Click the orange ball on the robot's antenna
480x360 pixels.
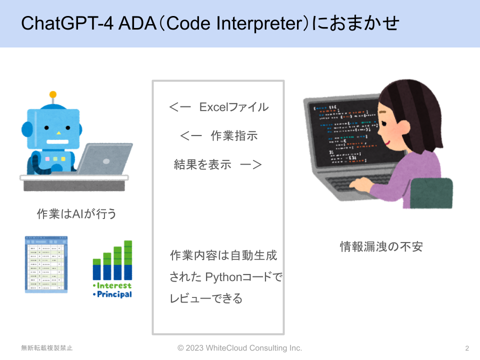click(53, 94)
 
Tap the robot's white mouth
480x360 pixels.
click(57, 141)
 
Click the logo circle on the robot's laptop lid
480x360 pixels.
click(106, 161)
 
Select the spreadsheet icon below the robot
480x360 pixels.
click(46, 264)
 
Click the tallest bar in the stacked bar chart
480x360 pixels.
click(128, 260)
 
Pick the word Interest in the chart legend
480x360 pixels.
click(114, 285)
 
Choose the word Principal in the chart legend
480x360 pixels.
click(114, 294)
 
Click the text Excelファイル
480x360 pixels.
click(234, 107)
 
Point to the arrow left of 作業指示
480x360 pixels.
click(190, 135)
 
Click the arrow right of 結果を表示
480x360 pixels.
click(251, 164)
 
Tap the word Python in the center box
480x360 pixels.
click(223, 277)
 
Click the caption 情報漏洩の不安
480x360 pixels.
click(381, 246)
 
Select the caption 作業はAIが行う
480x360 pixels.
click(76, 213)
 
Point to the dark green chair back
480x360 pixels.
click(431, 193)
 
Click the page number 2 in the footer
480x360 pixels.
click(467, 348)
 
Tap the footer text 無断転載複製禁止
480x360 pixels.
click(47, 348)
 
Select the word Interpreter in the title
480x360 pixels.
click(259, 23)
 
